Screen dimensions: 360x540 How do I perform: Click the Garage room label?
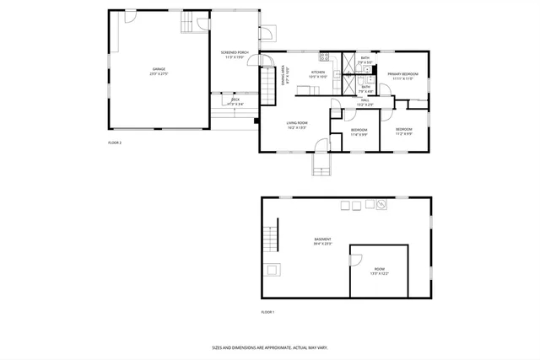pos(159,71)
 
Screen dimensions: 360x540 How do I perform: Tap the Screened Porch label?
pos(235,55)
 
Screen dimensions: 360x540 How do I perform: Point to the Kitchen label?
pos(318,75)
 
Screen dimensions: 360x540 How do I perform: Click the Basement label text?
pos(322,241)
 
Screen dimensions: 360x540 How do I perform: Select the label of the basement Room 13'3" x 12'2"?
pos(379,272)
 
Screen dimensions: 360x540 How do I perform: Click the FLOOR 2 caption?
pos(115,142)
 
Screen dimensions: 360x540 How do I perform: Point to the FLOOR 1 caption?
pos(267,312)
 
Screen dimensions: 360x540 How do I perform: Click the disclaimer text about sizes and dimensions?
pos(269,347)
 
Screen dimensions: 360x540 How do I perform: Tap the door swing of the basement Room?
pos(358,258)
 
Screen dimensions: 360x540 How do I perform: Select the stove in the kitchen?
pos(323,57)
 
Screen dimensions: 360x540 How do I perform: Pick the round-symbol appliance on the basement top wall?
pos(381,204)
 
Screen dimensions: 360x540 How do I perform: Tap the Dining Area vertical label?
pos(285,78)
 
